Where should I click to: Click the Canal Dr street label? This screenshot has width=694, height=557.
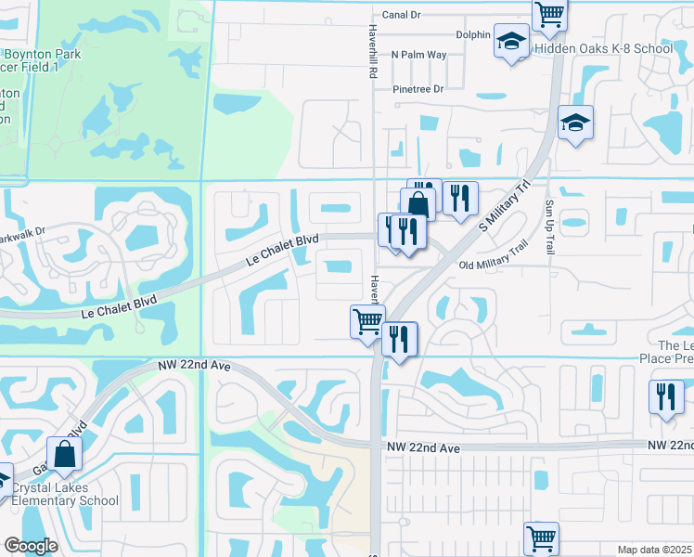pyautogui.click(x=401, y=15)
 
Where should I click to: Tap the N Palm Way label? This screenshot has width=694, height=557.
pyautogui.click(x=418, y=55)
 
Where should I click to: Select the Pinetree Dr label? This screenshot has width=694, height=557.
pyautogui.click(x=418, y=89)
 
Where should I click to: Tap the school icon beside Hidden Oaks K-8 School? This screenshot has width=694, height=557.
pyautogui.click(x=510, y=42)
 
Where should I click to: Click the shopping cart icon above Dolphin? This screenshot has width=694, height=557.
pyautogui.click(x=549, y=13)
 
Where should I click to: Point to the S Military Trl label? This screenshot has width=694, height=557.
pyautogui.click(x=503, y=206)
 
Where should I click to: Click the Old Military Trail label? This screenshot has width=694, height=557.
pyautogui.click(x=493, y=257)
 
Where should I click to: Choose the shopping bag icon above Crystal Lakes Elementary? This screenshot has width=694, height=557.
pyautogui.click(x=64, y=455)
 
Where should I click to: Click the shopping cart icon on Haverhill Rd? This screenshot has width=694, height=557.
pyautogui.click(x=367, y=321)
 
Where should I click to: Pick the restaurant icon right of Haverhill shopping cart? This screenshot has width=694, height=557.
pyautogui.click(x=400, y=339)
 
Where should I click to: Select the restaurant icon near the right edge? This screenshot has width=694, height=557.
pyautogui.click(x=667, y=397)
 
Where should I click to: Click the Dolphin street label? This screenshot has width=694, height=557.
pyautogui.click(x=472, y=35)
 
